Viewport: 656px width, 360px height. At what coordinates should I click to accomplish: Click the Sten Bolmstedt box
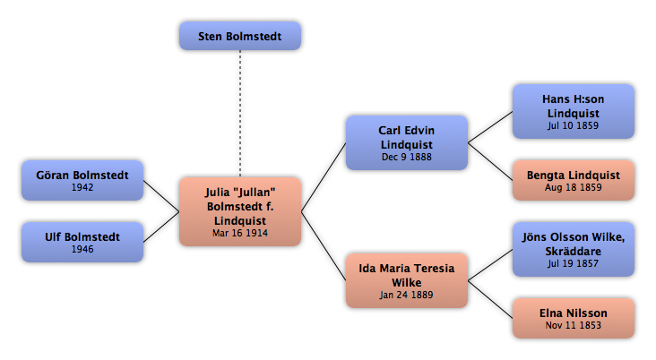tap(240, 36)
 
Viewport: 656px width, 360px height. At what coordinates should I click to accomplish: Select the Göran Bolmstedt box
tap(82, 180)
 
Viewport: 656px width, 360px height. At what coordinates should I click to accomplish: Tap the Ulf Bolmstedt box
tap(82, 242)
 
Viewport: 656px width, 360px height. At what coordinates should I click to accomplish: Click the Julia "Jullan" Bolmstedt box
tap(240, 211)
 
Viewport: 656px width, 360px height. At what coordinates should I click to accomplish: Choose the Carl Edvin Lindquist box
tap(407, 142)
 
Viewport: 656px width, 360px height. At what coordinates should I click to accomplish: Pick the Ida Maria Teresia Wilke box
tap(407, 280)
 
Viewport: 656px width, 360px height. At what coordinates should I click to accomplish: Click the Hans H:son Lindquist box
tap(574, 111)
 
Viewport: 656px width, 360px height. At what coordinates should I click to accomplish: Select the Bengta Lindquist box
tap(574, 180)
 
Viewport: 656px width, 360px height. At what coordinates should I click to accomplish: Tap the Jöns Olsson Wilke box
tap(574, 249)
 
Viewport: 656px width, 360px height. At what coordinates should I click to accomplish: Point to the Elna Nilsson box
tap(574, 318)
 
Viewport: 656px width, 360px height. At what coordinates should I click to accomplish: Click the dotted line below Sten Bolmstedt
tap(240, 114)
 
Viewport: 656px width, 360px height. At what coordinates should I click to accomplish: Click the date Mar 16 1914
tap(240, 234)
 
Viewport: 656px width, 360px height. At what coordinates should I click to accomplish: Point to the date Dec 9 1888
tap(407, 157)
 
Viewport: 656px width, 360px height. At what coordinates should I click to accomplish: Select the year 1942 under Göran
tap(82, 187)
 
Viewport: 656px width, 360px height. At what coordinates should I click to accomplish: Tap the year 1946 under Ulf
tap(82, 249)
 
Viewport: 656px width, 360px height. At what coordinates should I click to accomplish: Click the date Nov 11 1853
tap(574, 325)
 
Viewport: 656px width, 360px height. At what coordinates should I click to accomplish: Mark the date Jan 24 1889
tap(406, 295)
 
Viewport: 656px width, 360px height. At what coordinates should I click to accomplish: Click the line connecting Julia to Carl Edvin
tap(324, 177)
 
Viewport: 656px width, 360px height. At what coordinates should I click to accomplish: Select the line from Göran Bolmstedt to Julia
tap(161, 196)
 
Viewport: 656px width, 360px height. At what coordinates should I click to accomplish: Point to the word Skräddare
tap(574, 252)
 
